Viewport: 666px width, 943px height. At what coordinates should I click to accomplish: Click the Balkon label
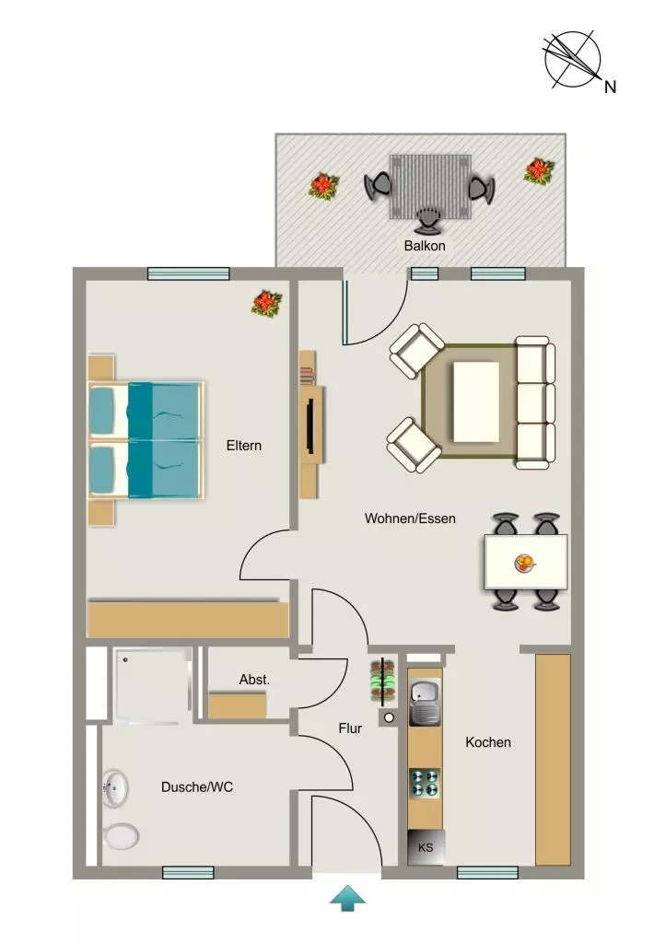click(x=425, y=245)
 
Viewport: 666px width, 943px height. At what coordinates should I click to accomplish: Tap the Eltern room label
click(x=244, y=446)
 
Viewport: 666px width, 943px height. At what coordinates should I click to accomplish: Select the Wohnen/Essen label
click(x=410, y=518)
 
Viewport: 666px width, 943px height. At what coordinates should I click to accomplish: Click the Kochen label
click(x=488, y=742)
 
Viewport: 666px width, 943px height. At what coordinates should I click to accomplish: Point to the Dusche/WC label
click(x=197, y=786)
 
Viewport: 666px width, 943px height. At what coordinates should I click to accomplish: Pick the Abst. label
click(x=254, y=680)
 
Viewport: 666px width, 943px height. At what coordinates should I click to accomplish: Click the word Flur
click(x=350, y=728)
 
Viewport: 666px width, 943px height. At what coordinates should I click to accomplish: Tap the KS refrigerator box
click(x=426, y=847)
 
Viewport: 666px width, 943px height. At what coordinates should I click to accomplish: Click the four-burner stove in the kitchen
click(x=426, y=784)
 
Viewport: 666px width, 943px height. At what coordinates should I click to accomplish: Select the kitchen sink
click(x=426, y=702)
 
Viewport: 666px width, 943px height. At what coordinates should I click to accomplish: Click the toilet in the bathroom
click(x=121, y=835)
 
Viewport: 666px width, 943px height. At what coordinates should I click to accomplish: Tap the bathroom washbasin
click(x=115, y=788)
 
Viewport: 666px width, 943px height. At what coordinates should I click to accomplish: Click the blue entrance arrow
click(x=348, y=898)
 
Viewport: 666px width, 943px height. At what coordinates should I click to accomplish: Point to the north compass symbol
click(x=573, y=60)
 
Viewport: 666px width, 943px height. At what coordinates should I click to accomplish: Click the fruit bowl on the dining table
click(x=525, y=564)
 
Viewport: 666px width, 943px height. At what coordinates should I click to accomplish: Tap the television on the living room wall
click(x=310, y=425)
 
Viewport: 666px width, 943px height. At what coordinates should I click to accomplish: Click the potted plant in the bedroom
click(x=266, y=303)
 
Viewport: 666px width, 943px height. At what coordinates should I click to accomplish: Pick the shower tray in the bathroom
click(x=153, y=685)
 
